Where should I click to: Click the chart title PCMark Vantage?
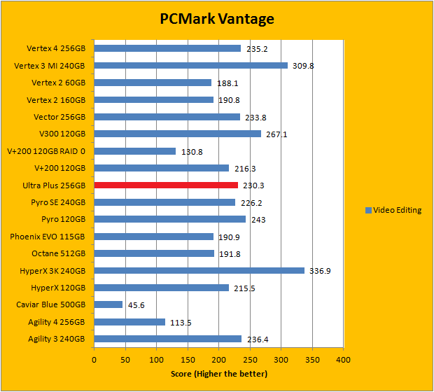[x=216, y=19]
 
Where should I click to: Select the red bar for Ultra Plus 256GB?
[x=166, y=185]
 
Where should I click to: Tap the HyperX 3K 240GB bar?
[x=199, y=270]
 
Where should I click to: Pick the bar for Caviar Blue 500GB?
[x=108, y=304]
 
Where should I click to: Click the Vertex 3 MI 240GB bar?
[x=190, y=65]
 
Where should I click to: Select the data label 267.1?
[x=277, y=134]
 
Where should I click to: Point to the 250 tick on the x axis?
[x=249, y=360]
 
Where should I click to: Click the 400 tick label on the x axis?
[x=343, y=360]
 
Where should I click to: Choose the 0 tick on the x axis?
[x=94, y=360]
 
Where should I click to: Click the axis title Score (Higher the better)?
[x=218, y=374]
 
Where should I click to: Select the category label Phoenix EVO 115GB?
[x=47, y=237]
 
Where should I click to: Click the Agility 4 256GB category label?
[x=50, y=322]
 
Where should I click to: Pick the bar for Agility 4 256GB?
[x=129, y=322]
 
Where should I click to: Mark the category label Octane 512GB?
[x=58, y=253]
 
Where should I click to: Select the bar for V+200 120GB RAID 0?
[x=134, y=150]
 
